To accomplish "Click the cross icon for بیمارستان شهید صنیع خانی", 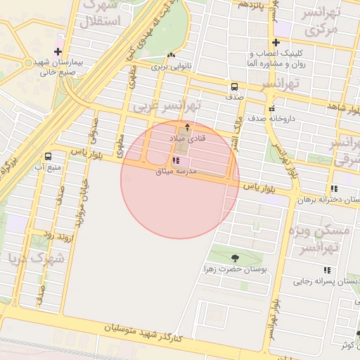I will (x=58, y=51).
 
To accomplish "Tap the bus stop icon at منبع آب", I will (x=49, y=156).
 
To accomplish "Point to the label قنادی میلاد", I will (x=187, y=140).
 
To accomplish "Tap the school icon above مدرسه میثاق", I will (x=175, y=161).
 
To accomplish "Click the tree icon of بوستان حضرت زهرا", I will (x=233, y=258).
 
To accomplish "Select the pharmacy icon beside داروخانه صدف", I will (x=271, y=108).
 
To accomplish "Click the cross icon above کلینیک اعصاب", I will (x=276, y=43).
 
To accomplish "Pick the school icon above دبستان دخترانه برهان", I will (x=333, y=188).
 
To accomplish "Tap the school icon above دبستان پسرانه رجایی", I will (x=327, y=270).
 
